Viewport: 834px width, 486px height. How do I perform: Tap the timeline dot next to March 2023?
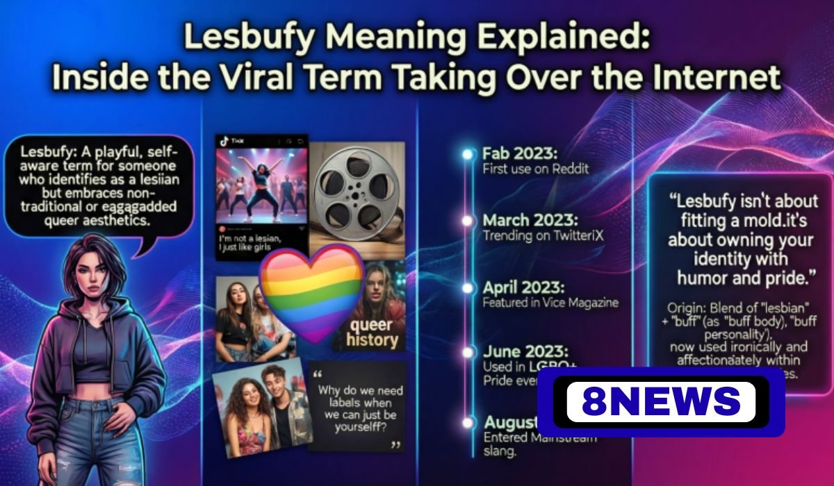click(467, 221)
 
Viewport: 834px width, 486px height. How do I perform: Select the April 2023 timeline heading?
click(525, 287)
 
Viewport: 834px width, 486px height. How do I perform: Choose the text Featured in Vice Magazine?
click(550, 303)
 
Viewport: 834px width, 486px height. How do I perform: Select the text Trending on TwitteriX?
click(543, 236)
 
